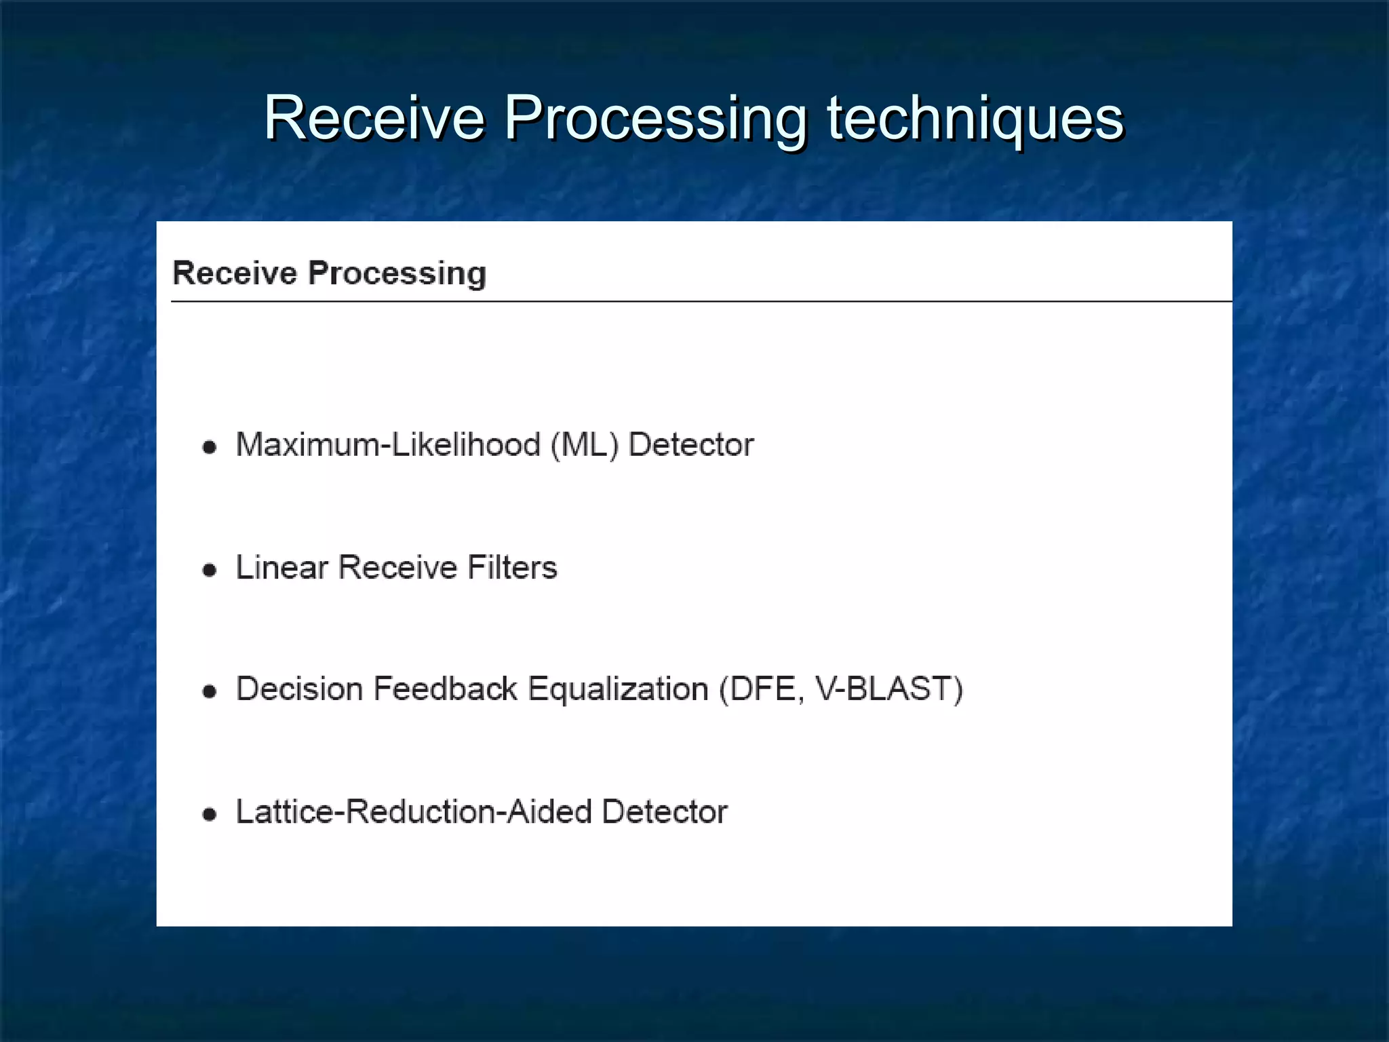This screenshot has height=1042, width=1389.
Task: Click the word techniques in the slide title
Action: pos(975,119)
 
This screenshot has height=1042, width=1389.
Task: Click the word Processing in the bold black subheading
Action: pos(397,273)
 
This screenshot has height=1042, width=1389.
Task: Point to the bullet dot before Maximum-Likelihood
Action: pos(210,447)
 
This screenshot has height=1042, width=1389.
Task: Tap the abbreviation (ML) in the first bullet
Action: pos(585,446)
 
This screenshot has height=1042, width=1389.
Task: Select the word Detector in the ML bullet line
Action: pos(691,445)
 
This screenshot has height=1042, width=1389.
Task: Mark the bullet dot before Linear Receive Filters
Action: pos(210,570)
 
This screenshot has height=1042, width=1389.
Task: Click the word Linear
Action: pos(281,567)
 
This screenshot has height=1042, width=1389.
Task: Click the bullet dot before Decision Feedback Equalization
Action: pos(210,691)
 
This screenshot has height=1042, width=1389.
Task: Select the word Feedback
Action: pos(445,689)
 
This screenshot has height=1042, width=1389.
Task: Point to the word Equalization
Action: pos(618,689)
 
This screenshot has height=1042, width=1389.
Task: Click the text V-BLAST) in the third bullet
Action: pos(888,689)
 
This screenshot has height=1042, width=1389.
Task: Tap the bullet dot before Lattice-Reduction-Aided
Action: pos(210,814)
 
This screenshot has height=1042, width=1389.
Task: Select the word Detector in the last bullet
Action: pos(665,811)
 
